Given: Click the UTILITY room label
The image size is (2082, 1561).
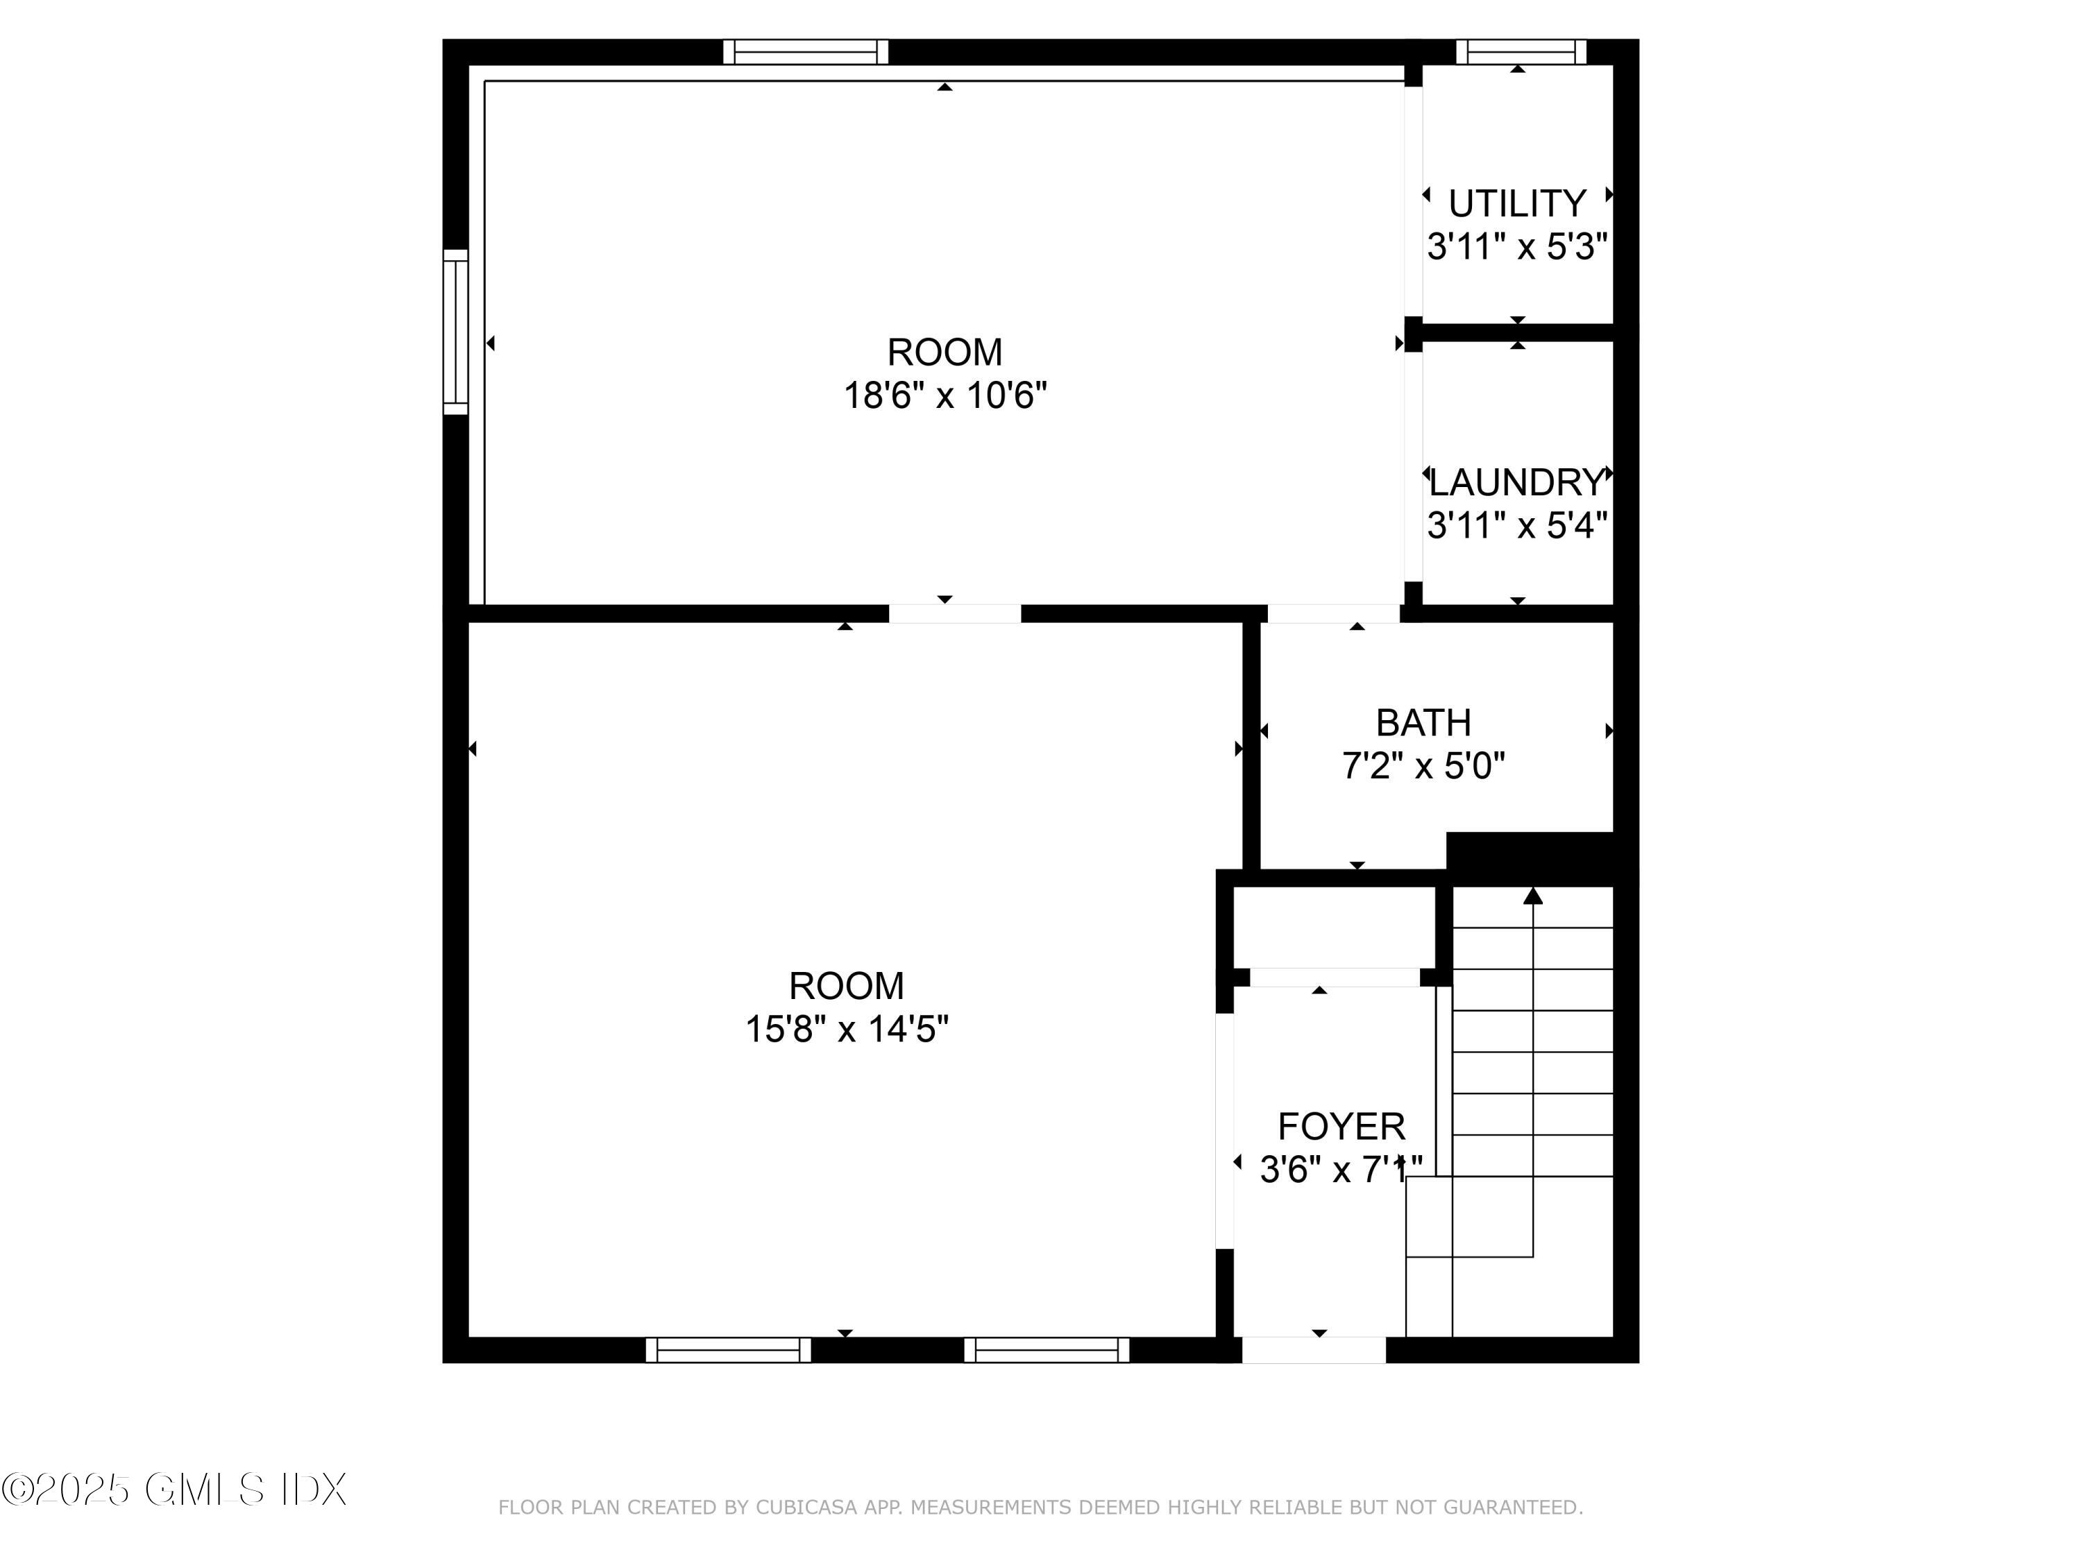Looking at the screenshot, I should (x=1516, y=203).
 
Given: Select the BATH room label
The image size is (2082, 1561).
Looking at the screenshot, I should (x=1423, y=723).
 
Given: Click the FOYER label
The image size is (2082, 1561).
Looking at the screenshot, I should (x=1342, y=1126).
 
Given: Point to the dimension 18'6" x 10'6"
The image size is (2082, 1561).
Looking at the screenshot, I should (x=945, y=395).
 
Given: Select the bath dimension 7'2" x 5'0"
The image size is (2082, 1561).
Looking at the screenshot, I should (x=1423, y=766).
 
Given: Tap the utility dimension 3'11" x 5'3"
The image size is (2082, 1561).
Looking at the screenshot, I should (x=1516, y=246).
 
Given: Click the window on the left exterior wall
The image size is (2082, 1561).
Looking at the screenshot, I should (x=455, y=331).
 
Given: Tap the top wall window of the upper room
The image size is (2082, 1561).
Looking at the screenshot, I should (x=806, y=52).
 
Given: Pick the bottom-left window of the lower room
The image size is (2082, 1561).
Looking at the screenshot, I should (x=729, y=1349).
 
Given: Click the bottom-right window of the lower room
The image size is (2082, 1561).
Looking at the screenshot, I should (x=1047, y=1349).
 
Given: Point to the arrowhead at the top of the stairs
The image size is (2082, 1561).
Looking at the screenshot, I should (x=1533, y=896).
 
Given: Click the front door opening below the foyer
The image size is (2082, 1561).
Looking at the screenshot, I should (x=1314, y=1349).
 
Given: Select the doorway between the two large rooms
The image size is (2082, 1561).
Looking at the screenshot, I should (x=954, y=613).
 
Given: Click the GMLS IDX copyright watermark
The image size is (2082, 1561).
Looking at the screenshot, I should (x=175, y=1490).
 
